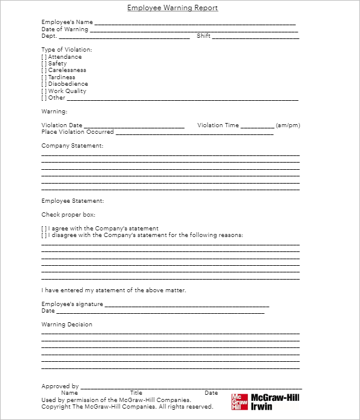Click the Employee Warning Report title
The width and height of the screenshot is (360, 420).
click(x=173, y=8)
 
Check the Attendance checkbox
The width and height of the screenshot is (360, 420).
click(x=44, y=57)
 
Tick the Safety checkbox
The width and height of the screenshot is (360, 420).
click(x=44, y=64)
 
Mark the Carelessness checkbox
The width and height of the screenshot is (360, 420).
click(x=44, y=70)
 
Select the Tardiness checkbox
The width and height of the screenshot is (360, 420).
click(x=44, y=77)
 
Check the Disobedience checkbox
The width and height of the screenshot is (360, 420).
click(x=44, y=84)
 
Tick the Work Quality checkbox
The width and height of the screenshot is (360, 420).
click(x=44, y=91)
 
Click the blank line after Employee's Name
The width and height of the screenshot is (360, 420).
click(x=195, y=23)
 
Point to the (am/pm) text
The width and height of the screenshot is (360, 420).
click(x=288, y=125)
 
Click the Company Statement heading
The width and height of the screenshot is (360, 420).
click(x=72, y=146)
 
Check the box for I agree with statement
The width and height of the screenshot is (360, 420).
click(x=44, y=229)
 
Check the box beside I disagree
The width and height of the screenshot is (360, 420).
click(x=44, y=235)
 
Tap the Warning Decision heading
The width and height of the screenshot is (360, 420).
click(x=67, y=325)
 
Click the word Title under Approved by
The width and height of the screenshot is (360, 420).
click(x=136, y=393)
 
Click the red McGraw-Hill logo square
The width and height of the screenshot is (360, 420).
click(x=239, y=401)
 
